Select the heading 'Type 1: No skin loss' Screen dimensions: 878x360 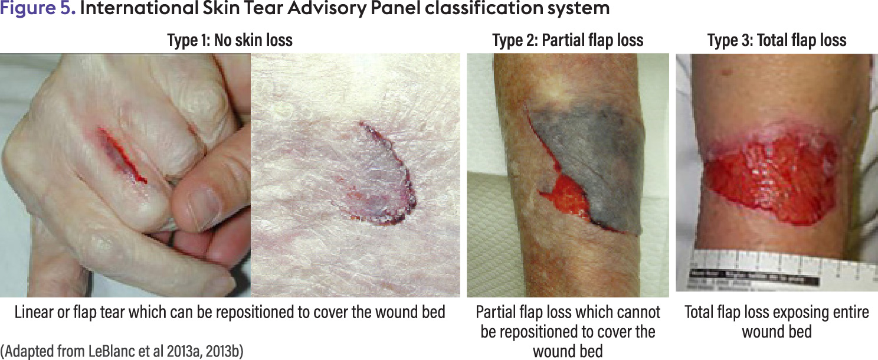click(230, 40)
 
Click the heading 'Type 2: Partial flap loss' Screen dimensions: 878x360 click(568, 40)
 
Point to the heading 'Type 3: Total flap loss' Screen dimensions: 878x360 click(777, 40)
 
